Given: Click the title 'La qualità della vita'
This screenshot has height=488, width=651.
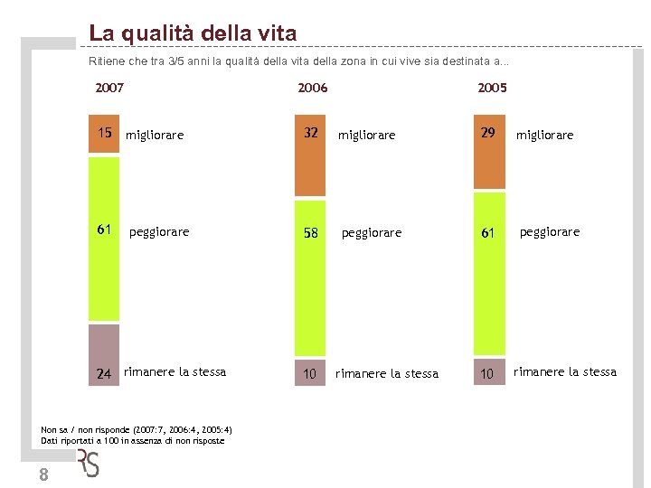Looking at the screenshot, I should pyautogui.click(x=193, y=34).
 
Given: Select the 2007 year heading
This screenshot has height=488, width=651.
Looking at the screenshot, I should pyautogui.click(x=109, y=88).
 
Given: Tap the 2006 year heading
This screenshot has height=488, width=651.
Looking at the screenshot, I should pyautogui.click(x=313, y=88).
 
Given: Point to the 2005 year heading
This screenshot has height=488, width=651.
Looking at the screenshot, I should pyautogui.click(x=492, y=88).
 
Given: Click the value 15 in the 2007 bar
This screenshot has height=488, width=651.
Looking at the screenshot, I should pyautogui.click(x=105, y=133).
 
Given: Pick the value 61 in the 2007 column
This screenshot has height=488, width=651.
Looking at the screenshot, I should pyautogui.click(x=105, y=230).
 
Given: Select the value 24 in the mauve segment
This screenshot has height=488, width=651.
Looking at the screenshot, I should pyautogui.click(x=104, y=373).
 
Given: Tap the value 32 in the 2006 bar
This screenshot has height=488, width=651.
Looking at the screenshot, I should pyautogui.click(x=310, y=133).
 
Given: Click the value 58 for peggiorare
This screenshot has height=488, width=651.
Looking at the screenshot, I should pyautogui.click(x=310, y=233).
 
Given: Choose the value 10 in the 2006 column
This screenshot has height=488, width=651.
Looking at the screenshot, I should pyautogui.click(x=310, y=374).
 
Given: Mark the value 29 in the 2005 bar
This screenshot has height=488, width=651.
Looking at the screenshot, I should pyautogui.click(x=488, y=133).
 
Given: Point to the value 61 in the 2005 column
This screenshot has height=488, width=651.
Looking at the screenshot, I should pyautogui.click(x=488, y=233).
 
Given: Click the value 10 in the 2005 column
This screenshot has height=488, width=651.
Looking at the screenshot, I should pyautogui.click(x=488, y=374).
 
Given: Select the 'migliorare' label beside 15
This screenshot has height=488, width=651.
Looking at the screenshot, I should pyautogui.click(x=155, y=136).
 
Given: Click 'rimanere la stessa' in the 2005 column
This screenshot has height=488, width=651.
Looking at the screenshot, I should pyautogui.click(x=565, y=371).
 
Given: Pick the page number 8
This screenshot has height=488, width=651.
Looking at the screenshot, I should pyautogui.click(x=43, y=476).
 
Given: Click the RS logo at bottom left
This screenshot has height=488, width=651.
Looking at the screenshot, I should pyautogui.click(x=88, y=463).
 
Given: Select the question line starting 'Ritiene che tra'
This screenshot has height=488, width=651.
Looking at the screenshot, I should pyautogui.click(x=298, y=61).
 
